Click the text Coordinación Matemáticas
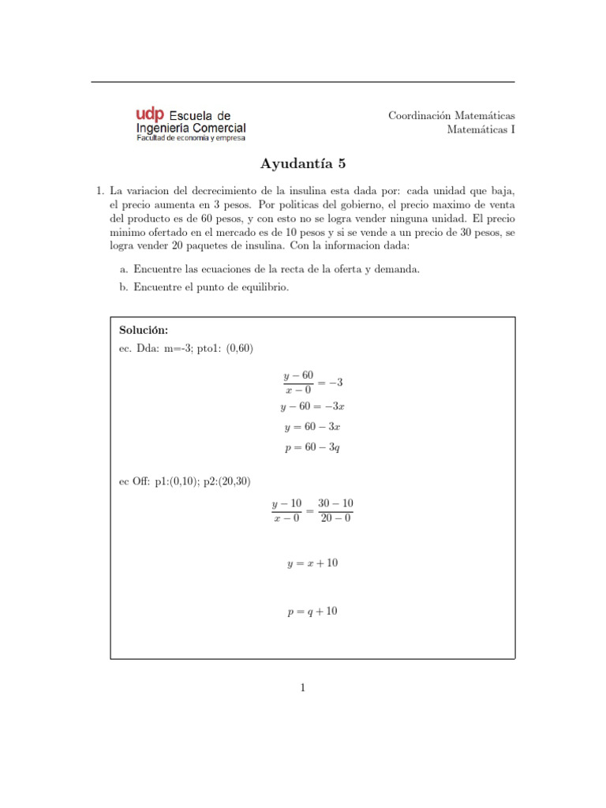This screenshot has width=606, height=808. pos(451,115)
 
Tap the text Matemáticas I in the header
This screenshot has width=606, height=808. pos(481,129)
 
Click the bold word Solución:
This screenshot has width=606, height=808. pos(143,330)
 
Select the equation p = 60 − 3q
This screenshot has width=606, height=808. pos(312,447)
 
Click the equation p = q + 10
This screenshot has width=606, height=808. pos(312,611)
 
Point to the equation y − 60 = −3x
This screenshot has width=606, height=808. pos(312,407)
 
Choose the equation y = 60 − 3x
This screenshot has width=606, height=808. pos(312,427)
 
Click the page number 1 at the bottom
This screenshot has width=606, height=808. pos(303,688)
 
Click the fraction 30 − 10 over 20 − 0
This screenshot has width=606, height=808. pos(335,511)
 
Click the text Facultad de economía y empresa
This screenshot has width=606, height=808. pos(191,138)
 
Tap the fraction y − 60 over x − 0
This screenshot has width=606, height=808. pos(297,382)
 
